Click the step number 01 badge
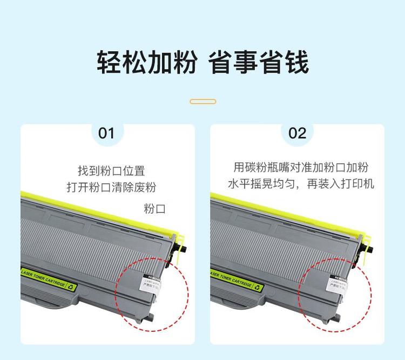point(107,133)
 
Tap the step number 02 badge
point(297,133)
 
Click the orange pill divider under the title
point(203,101)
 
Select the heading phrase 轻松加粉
point(146,63)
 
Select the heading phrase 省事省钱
point(259,63)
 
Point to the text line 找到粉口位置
point(111,171)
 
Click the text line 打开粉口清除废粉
point(111,188)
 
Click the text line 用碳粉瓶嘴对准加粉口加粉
point(301,167)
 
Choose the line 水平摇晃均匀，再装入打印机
point(301,184)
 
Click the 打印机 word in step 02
point(360,184)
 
